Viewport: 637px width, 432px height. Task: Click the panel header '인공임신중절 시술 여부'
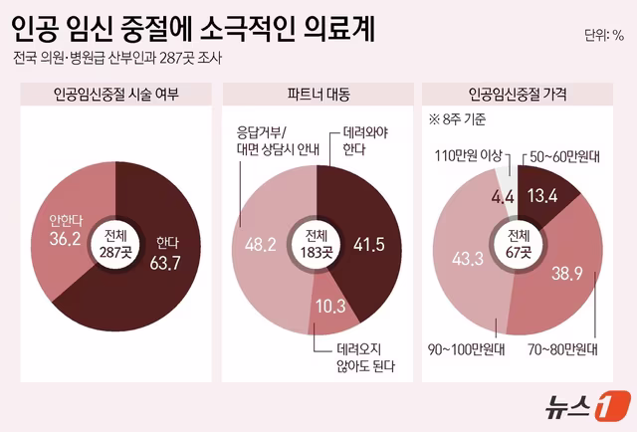tap(115, 95)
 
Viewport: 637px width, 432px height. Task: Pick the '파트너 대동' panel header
tap(318, 95)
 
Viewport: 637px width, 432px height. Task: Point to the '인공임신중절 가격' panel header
tap(520, 95)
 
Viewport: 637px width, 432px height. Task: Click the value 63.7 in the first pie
tap(169, 263)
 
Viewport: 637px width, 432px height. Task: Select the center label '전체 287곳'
tap(113, 245)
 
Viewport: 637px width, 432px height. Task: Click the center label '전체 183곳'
tap(318, 245)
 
